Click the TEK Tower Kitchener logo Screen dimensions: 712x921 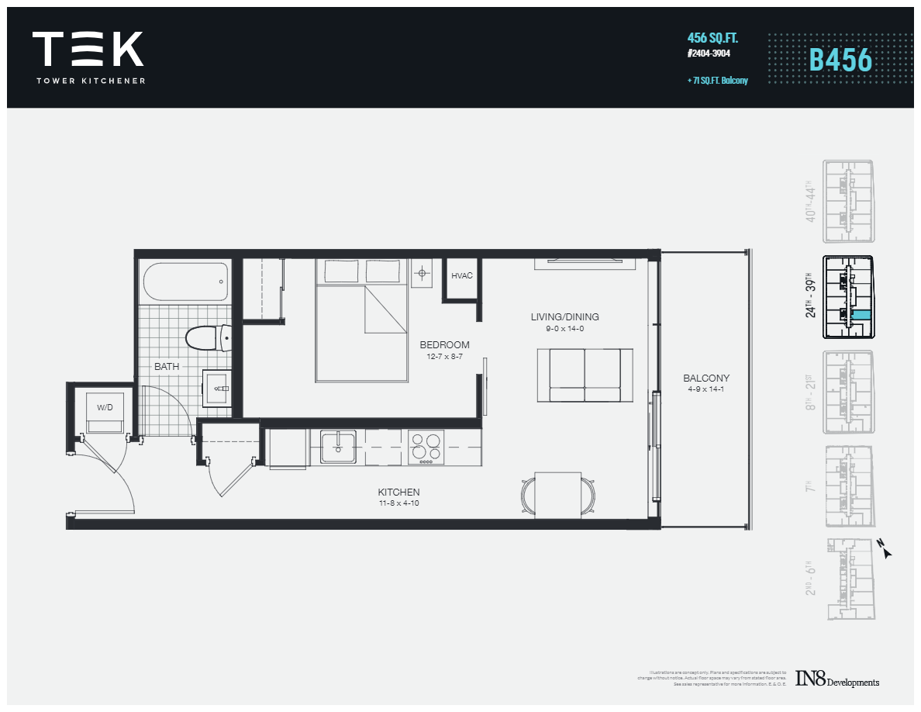coord(88,57)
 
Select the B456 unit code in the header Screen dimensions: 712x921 coord(840,60)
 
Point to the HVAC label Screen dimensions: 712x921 coord(461,276)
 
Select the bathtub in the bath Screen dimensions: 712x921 coord(185,282)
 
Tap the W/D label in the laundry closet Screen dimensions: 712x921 coord(104,406)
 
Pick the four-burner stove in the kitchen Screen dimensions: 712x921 coord(426,448)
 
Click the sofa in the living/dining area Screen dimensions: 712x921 coord(585,375)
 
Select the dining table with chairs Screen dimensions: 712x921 coord(559,494)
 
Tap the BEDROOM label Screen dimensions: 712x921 coord(444,345)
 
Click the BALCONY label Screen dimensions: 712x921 coord(705,378)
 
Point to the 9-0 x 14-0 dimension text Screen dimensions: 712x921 coord(564,329)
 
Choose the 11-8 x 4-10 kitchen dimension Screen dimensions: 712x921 coord(398,503)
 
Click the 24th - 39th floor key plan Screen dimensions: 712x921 coord(849,298)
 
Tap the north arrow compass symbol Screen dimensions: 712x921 coord(885,549)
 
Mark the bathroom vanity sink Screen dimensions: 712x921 coord(216,387)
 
